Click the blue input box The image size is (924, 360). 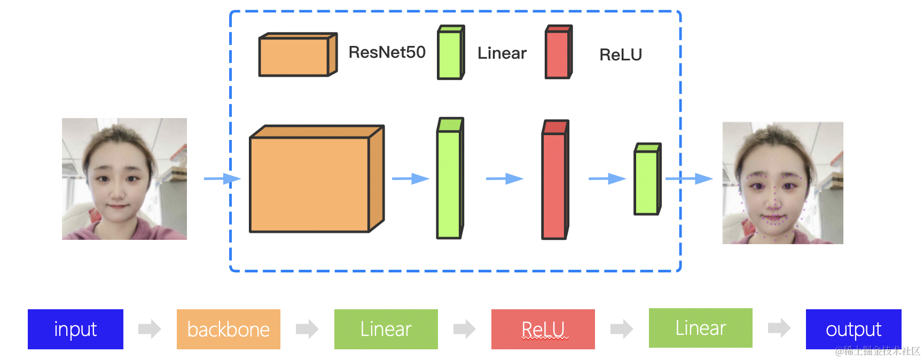pos(75,329)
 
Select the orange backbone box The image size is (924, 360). pos(229,329)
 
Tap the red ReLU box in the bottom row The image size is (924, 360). pos(543,329)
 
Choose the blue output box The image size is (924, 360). pos(853,329)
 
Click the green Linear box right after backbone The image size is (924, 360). pos(386,329)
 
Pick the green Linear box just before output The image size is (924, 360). pos(700,328)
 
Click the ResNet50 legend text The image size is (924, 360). pos(387,52)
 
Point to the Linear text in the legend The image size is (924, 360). pos(502,53)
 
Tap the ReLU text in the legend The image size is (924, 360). pos(620,54)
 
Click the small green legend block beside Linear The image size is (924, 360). pos(450,53)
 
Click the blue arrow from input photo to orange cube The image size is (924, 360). pos(222,178)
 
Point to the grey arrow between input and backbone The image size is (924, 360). pos(149,329)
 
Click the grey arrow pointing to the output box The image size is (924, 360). pos(779,328)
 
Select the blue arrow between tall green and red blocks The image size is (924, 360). pos(504,178)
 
